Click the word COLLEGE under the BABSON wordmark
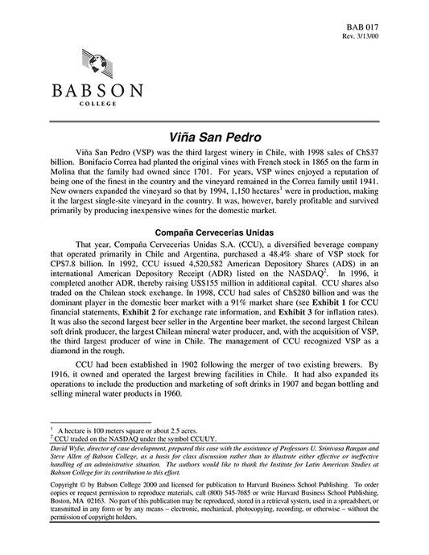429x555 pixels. click(x=95, y=104)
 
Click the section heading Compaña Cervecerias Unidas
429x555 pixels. click(x=214, y=232)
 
